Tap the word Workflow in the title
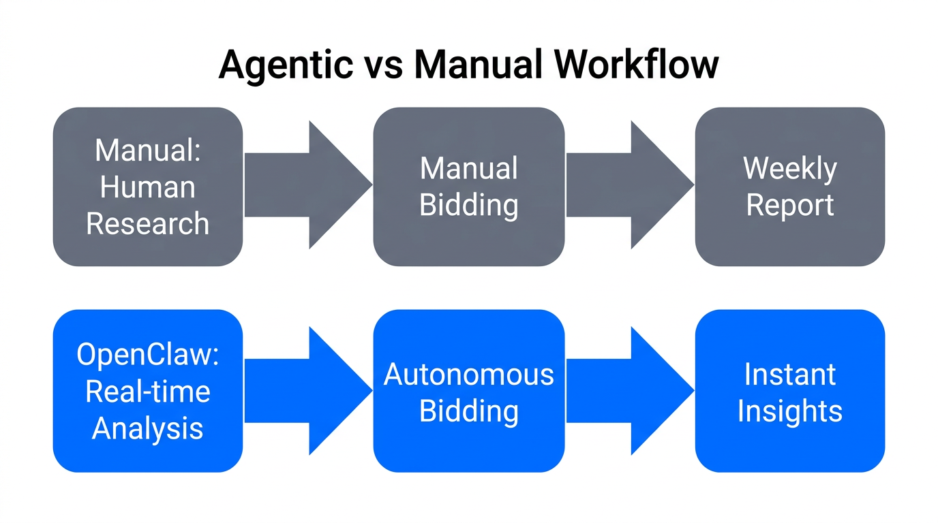pos(636,66)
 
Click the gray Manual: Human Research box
pos(148,187)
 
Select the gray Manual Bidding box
pos(469,187)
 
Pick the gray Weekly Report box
pos(790,187)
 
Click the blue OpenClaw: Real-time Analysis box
pos(148,391)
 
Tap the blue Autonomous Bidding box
pos(469,391)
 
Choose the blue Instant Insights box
pos(790,391)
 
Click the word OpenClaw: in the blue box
pos(148,355)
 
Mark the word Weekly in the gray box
pos(790,168)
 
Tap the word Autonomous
pos(469,375)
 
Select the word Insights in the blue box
pos(790,411)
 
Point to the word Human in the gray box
pos(148,187)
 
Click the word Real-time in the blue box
pos(148,392)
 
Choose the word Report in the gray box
pos(790,205)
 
